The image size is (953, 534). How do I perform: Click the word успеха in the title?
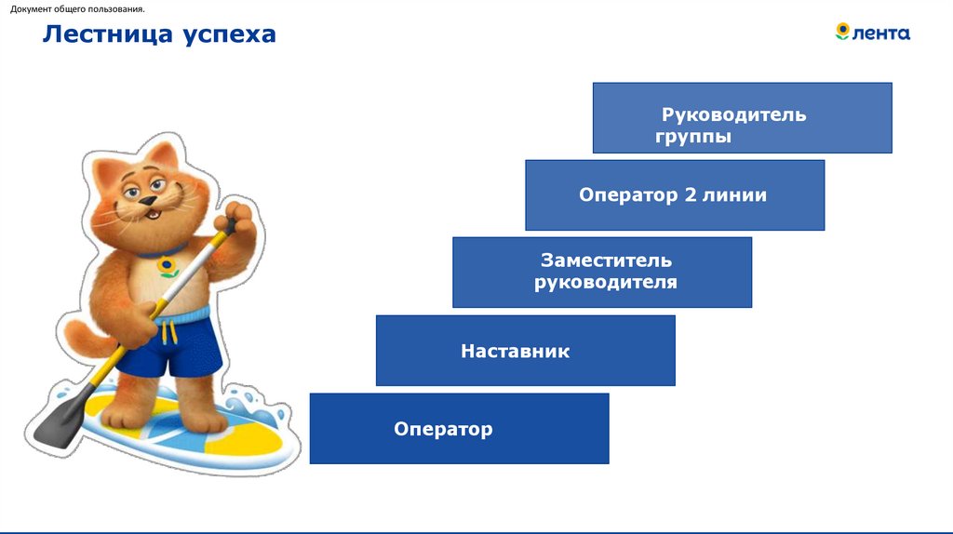point(229,35)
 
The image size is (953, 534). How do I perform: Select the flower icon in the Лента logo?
point(843,32)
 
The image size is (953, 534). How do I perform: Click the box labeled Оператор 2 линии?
point(674,194)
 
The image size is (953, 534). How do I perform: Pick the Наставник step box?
point(525,350)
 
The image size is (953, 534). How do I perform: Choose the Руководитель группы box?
point(742,117)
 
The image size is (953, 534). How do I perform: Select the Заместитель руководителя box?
point(601,272)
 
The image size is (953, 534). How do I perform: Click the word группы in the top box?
point(693,137)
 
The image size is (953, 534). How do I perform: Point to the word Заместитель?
point(606,260)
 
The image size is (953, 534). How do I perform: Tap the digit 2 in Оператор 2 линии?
point(690,195)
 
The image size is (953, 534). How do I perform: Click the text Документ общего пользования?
point(77,9)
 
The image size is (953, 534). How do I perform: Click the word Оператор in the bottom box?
point(443,429)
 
